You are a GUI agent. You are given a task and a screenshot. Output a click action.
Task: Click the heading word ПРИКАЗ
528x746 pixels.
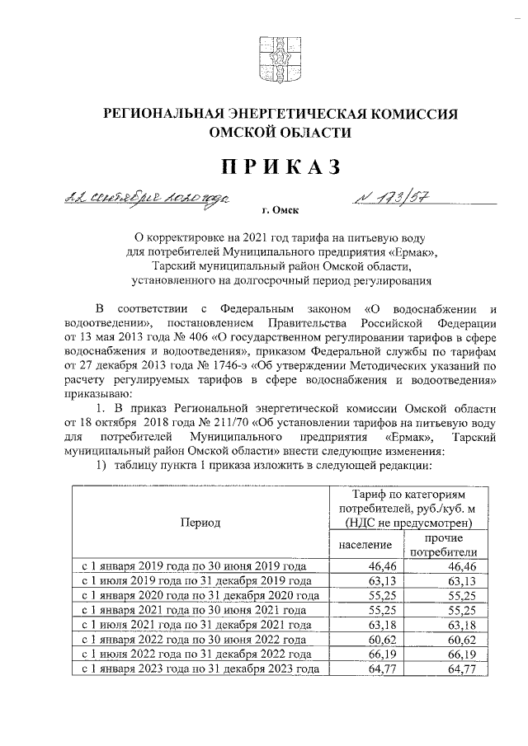pos(280,167)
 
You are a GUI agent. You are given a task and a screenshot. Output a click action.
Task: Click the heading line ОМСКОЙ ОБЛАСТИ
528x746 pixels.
pos(280,133)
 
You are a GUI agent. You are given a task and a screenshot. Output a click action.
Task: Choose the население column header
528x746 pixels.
pos(365,546)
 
